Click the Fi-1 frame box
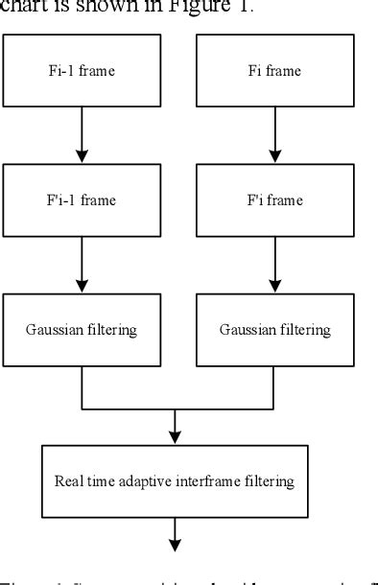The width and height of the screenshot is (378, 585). coord(83,70)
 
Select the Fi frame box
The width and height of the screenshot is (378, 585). coord(274,70)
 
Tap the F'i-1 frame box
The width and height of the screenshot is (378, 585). coord(83,199)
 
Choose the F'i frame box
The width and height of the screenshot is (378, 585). coord(274,199)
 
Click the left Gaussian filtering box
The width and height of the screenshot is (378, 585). coord(83,330)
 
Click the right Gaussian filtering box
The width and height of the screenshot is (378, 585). coord(274,330)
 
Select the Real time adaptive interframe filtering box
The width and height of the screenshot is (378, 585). coord(174,480)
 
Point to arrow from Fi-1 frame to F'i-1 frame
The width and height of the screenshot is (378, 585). coord(83,134)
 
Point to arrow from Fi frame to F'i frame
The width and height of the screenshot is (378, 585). coord(274,134)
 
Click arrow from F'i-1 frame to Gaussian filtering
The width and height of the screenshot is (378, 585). coord(83,264)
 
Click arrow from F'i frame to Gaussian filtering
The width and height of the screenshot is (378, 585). coord(274,264)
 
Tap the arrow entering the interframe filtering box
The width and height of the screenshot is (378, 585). coord(175,426)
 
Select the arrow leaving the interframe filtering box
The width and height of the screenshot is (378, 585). coord(175,533)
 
